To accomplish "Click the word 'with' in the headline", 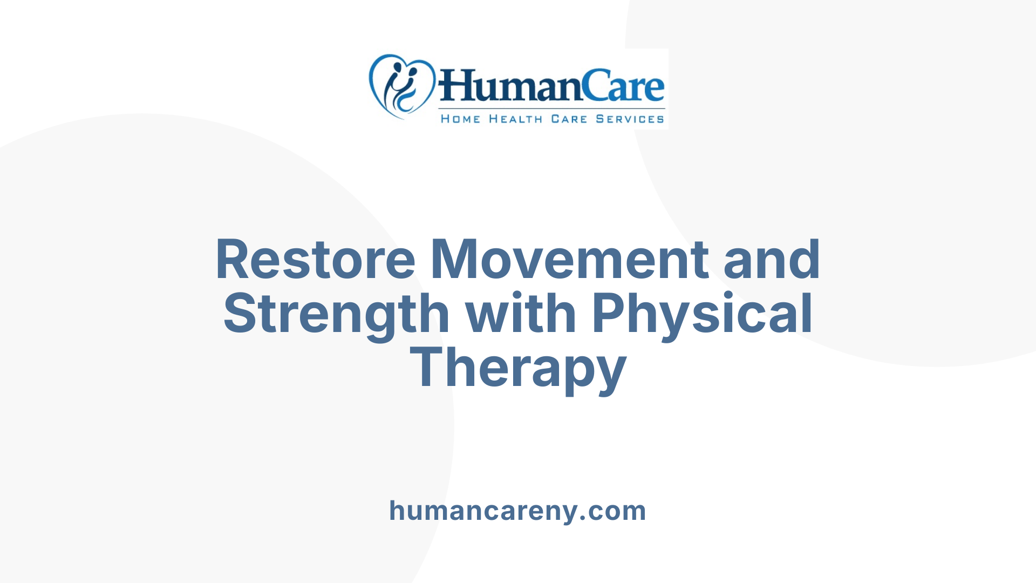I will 521,314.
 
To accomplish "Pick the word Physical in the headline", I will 702,314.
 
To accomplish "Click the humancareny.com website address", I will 517,511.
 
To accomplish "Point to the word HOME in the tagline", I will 460,119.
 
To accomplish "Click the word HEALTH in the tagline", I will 515,119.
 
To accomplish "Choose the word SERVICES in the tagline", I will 630,119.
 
